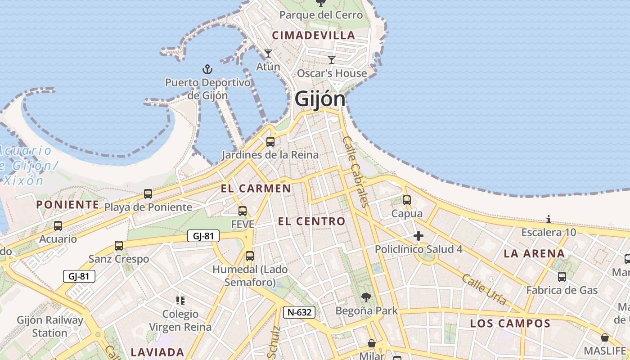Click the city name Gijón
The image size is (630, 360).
click(x=320, y=99)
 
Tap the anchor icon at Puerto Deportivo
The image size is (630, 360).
click(x=207, y=69)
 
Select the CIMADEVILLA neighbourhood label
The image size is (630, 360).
click(x=314, y=35)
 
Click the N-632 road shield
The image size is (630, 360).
click(x=299, y=312)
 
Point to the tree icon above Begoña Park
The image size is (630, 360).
click(x=366, y=297)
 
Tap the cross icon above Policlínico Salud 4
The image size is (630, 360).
click(x=418, y=236)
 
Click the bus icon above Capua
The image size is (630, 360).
click(x=407, y=200)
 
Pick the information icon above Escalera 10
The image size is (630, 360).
click(x=549, y=220)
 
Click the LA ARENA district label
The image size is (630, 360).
click(x=534, y=253)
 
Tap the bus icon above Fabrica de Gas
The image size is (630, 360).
click(x=562, y=277)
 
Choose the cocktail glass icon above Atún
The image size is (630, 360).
click(x=268, y=54)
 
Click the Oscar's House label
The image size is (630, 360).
click(x=332, y=73)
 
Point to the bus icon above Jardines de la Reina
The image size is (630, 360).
click(x=270, y=142)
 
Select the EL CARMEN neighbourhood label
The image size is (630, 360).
click(x=256, y=189)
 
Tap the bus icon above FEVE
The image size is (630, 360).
click(x=243, y=211)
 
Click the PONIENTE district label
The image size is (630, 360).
click(x=67, y=205)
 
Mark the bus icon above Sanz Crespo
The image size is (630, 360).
click(x=119, y=246)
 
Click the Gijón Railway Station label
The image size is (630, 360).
click(x=50, y=327)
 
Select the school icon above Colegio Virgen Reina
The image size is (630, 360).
click(x=180, y=300)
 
